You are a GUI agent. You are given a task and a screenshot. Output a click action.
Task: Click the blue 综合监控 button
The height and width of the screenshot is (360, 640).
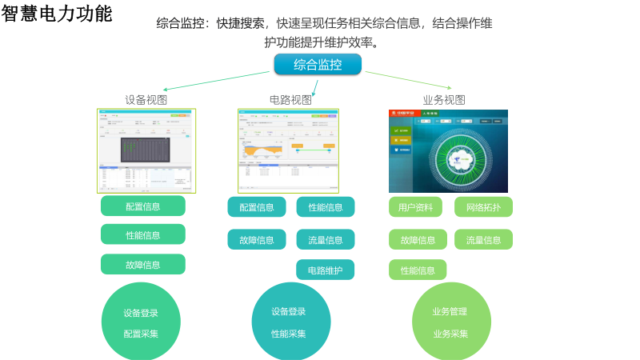click(x=318, y=65)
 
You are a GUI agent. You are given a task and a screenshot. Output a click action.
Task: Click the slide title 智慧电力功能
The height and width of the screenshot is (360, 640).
click(x=57, y=14)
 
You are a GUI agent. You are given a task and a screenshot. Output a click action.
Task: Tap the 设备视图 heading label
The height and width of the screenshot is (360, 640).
click(x=146, y=100)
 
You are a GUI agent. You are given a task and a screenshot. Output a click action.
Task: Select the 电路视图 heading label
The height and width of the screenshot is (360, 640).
click(x=290, y=100)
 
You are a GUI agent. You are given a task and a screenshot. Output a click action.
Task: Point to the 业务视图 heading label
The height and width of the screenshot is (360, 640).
click(x=444, y=100)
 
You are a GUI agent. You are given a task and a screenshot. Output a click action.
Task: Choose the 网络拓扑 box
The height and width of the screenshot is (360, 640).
click(x=483, y=207)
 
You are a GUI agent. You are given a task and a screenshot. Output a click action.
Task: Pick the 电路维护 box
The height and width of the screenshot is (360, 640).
click(x=325, y=270)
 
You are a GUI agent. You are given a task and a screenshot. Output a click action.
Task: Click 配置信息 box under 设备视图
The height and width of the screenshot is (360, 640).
click(x=142, y=206)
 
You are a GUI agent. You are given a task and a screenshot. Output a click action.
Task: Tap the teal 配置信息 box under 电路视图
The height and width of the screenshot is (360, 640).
click(x=256, y=207)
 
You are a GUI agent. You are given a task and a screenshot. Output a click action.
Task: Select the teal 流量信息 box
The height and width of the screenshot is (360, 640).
click(x=325, y=239)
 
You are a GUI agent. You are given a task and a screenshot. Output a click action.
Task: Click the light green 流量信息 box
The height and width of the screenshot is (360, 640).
click(x=483, y=240)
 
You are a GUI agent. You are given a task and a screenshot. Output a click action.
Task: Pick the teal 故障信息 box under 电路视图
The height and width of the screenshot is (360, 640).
click(x=256, y=239)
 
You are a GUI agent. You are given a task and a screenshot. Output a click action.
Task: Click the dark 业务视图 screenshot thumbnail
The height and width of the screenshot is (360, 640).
click(x=448, y=150)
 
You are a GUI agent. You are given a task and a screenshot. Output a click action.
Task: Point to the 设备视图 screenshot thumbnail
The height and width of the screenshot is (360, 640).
click(x=146, y=150)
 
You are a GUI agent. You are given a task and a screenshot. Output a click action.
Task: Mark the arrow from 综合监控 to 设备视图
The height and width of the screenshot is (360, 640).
click(x=216, y=81)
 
